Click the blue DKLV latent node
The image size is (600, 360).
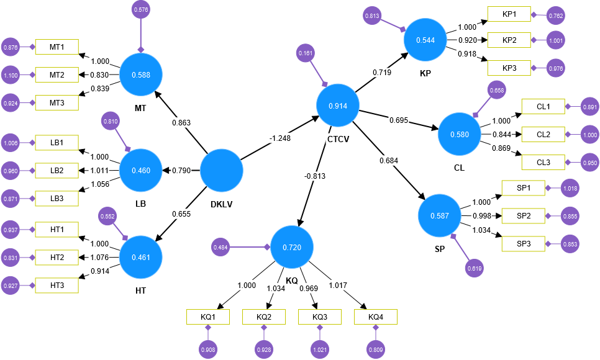220,169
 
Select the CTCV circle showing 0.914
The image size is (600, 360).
338,106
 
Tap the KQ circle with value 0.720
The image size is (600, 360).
291,247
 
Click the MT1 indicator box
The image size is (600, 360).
57,47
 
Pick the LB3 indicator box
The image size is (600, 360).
57,198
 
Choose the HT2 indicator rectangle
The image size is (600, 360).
57,256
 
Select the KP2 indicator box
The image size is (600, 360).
509,41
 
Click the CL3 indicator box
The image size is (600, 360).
543,162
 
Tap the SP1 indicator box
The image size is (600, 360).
522,187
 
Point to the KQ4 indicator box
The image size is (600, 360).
376,317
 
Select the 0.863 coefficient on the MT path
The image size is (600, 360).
181,122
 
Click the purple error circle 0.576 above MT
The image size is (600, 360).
141,9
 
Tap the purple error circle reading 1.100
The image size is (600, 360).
11,76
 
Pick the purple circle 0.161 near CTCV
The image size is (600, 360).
306,53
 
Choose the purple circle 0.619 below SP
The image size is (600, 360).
474,269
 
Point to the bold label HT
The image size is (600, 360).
140,291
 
